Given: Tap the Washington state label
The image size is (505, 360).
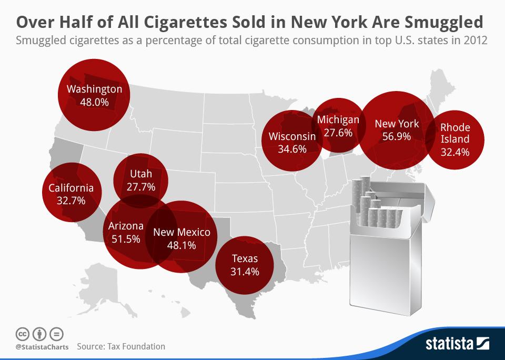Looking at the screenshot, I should click(94, 89).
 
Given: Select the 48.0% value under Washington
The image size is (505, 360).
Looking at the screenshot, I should click(94, 102).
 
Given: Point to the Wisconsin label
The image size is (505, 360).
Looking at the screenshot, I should click(292, 136).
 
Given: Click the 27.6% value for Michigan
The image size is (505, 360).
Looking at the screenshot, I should click(338, 133).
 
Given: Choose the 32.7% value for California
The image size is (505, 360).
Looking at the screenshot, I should click(71, 201).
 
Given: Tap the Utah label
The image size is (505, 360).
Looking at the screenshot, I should click(140, 174).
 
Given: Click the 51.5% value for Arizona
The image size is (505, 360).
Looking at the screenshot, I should click(126, 239).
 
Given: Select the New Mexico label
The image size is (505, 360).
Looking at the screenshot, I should click(181, 232).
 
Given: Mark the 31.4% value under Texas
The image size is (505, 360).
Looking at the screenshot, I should click(245, 271).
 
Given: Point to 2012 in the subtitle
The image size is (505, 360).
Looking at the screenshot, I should click(476, 41).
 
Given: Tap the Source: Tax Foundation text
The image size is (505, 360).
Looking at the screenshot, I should click(121, 346).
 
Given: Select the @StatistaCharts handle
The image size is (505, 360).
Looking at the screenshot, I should click(39, 347).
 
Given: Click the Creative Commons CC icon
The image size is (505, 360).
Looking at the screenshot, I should click(22, 334).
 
